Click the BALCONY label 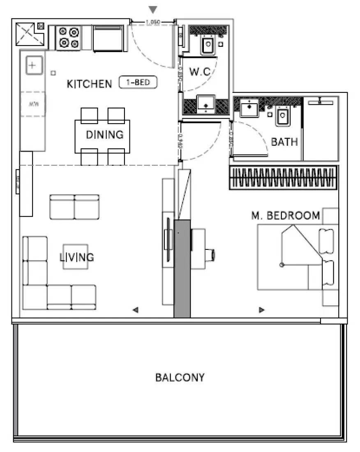tap(180, 377)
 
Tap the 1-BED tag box tap(138, 83)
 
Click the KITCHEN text tap(89, 84)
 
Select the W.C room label tap(200, 71)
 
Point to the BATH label tap(284, 142)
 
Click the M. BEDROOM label tap(286, 216)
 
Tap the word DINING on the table tap(104, 134)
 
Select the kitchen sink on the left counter tap(34, 66)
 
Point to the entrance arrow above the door tap(153, 9)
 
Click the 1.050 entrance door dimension tap(152, 22)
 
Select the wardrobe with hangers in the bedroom tap(284, 178)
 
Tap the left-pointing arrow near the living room tap(135, 310)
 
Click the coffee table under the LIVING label tap(75, 257)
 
